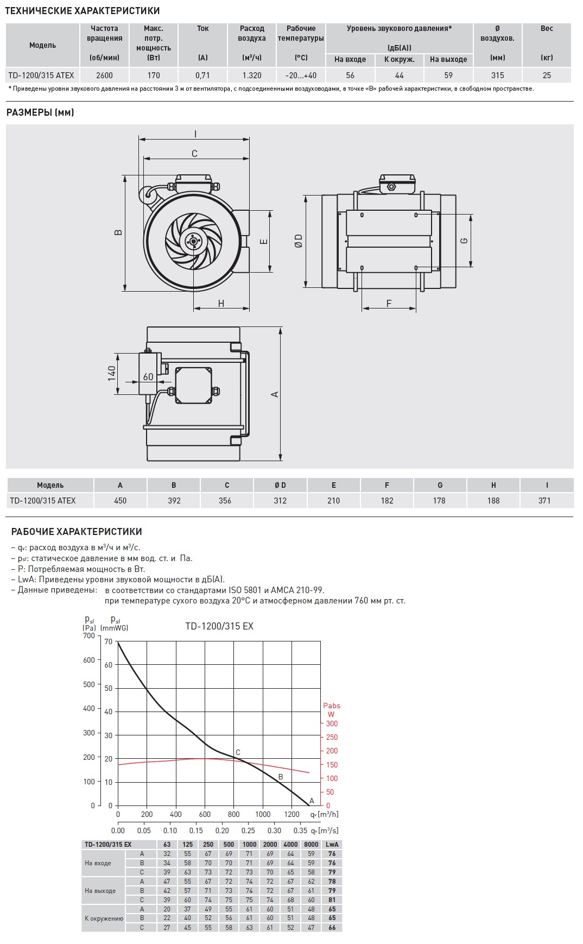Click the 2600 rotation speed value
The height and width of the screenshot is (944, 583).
pos(104,75)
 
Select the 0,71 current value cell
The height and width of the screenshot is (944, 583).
pos(202,75)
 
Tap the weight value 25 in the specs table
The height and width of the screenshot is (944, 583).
pos(547,75)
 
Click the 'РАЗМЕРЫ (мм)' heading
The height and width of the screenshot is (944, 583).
pos(40,112)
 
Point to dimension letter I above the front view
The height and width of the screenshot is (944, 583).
pos(195,134)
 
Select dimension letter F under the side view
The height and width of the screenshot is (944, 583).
pos(389,303)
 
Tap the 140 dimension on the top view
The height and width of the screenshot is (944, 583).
pos(112,373)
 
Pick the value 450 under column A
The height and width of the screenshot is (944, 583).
pos(120,501)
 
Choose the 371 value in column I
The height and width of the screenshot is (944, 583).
pos(544,501)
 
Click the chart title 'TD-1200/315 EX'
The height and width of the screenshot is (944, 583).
pos(219,626)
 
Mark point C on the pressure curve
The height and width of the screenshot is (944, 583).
pos(238,753)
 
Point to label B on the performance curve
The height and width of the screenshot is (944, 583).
pos(281,777)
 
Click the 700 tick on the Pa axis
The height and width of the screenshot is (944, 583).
pos(89,635)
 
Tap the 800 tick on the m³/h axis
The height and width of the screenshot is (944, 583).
pos(234,814)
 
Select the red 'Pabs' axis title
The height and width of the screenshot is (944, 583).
pos(332,706)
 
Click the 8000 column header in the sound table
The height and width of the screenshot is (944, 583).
pos(311,844)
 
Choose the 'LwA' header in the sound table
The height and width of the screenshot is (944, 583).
pos(332,844)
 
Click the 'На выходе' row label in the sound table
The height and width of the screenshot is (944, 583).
pos(100,891)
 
